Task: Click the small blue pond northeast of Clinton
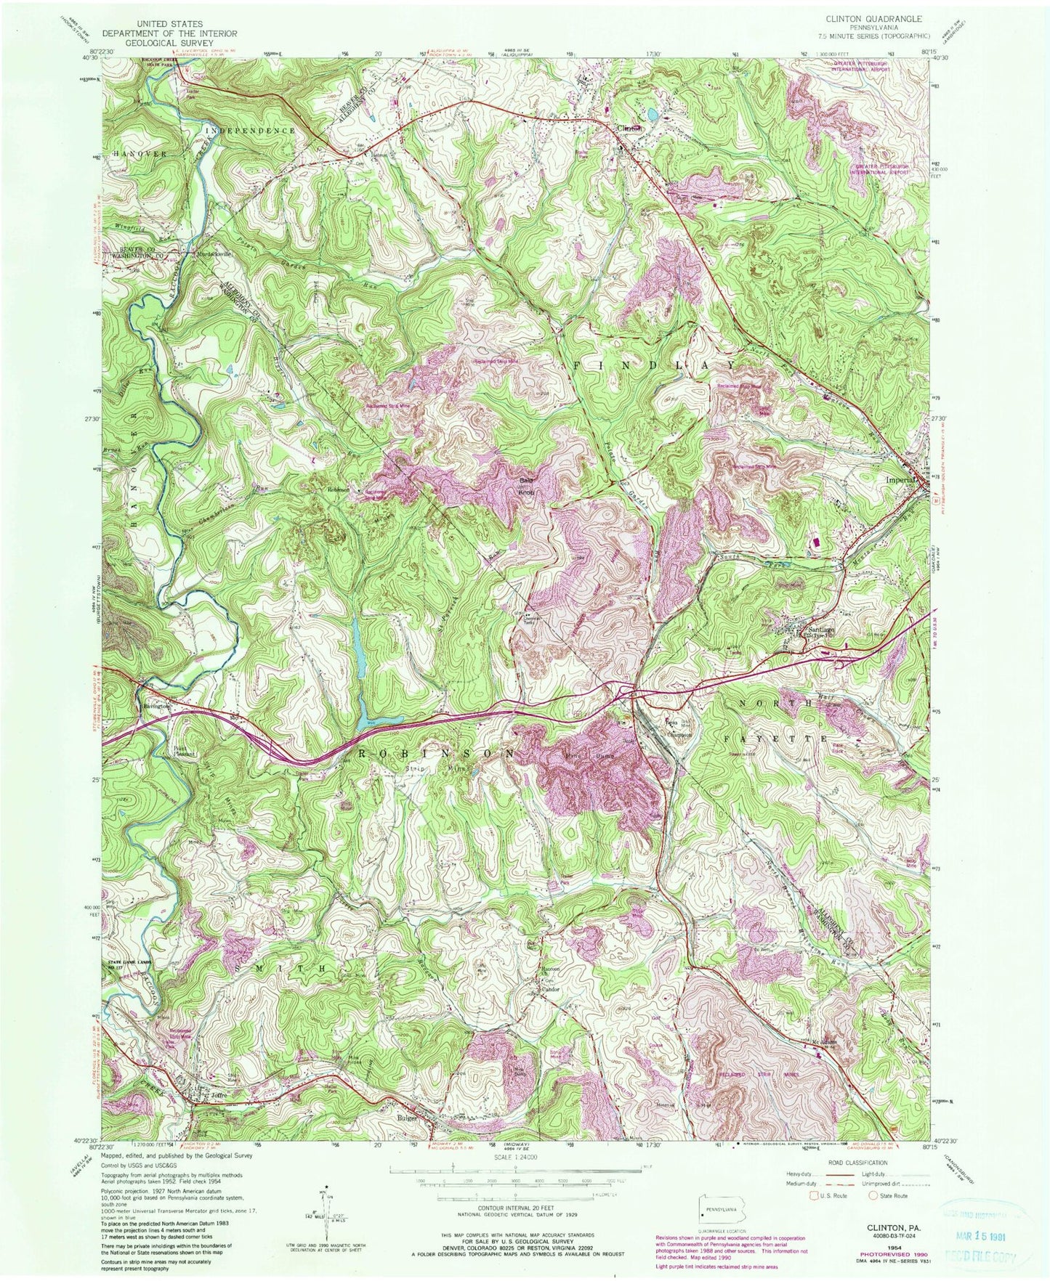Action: click(x=653, y=114)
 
